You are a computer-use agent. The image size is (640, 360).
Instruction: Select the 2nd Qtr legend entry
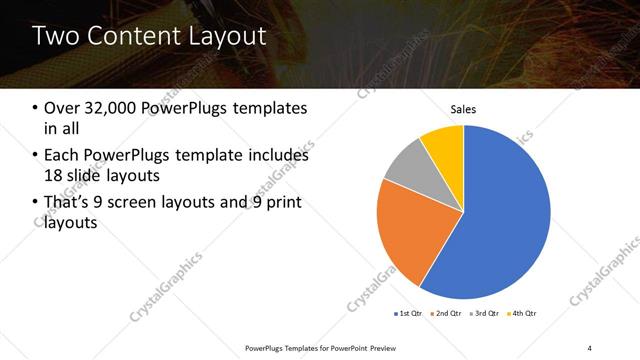(x=448, y=313)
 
